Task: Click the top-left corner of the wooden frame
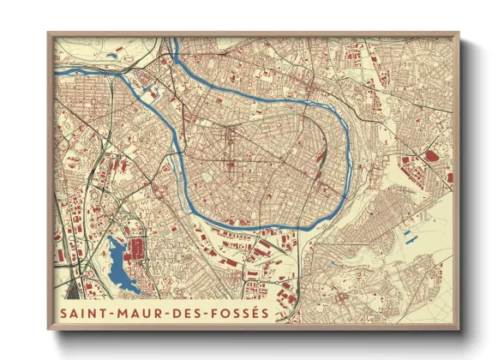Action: point(50,33)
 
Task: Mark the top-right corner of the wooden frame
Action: point(459,33)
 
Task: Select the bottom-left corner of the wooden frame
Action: point(50,330)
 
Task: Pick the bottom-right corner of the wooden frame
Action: point(459,330)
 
